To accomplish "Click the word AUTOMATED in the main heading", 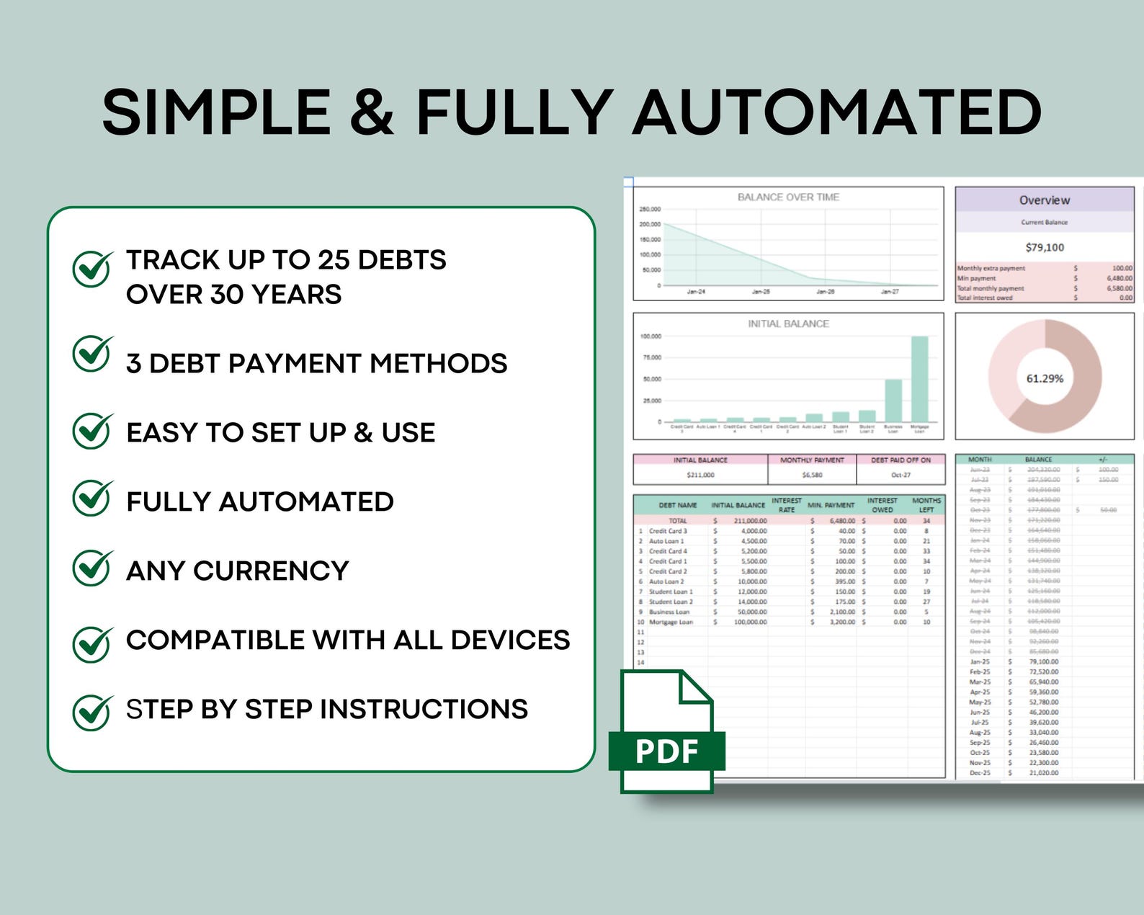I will [837, 112].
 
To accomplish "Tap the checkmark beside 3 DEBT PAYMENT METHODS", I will [92, 354].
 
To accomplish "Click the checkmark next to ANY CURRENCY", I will [92, 568].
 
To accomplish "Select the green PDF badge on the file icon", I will [666, 751].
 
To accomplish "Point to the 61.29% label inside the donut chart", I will [1045, 378].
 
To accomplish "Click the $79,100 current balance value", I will [1045, 247].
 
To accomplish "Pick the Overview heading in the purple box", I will [1045, 200].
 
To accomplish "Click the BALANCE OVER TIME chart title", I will [788, 197].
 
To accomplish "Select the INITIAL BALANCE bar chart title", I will [788, 323].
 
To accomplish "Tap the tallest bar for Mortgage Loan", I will [919, 379].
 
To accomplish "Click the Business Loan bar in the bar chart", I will [893, 401].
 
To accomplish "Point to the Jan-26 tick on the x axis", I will [826, 292].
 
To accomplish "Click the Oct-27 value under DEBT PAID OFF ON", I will [901, 475].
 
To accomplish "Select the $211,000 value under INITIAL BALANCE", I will [700, 475].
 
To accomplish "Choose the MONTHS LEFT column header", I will [926, 504].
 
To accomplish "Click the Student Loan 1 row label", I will [671, 592].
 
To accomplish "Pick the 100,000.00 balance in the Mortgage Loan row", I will [750, 622].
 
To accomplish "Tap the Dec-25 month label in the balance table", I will [980, 772].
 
